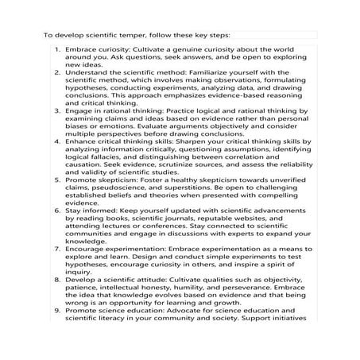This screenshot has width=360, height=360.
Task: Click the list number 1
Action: pos(57,49)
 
